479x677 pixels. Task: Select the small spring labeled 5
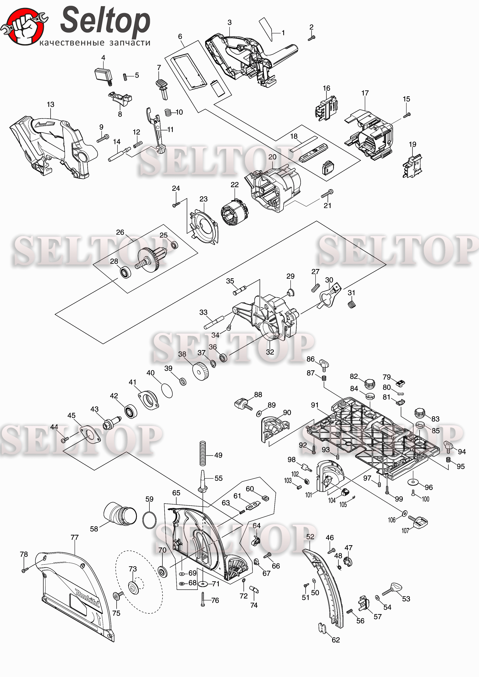pos(125,77)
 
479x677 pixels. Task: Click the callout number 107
pos(405,531)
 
